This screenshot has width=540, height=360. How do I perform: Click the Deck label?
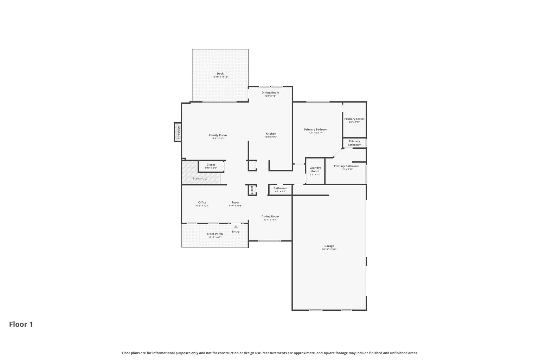(x=220, y=73)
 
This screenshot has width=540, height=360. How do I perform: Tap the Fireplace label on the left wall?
(x=178, y=132)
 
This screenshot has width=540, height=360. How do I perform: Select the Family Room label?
(x=218, y=135)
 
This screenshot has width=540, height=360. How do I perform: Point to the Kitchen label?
(x=271, y=134)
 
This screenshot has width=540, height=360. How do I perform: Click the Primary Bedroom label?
(x=316, y=129)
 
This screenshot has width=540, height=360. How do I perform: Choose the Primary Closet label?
(x=354, y=119)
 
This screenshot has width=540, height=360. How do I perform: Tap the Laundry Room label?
(x=315, y=169)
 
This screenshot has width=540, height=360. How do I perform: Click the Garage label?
(x=329, y=246)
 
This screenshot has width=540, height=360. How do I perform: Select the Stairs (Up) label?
(x=200, y=179)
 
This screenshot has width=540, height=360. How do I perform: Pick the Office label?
(x=202, y=202)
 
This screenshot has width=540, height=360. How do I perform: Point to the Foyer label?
(x=236, y=202)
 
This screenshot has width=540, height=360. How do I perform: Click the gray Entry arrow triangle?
(x=236, y=227)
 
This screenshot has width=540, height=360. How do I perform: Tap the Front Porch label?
(x=215, y=234)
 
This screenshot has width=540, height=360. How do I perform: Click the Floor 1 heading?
(x=21, y=324)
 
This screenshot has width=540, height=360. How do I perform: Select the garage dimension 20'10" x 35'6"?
(x=329, y=249)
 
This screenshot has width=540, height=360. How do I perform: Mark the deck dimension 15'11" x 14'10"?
(x=220, y=77)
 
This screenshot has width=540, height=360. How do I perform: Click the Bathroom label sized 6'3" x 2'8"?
(x=280, y=188)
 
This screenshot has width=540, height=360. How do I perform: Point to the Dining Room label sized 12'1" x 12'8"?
(x=270, y=217)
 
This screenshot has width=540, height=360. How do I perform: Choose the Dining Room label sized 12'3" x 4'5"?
(x=270, y=92)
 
